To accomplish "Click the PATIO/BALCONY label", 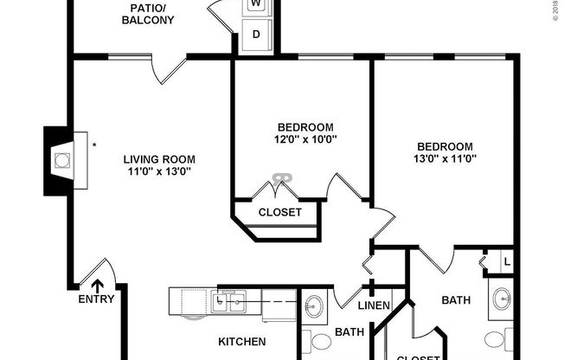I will (147, 14).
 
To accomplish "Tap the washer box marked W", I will (256, 4).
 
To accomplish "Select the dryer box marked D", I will (256, 35).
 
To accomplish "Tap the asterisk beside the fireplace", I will (93, 145).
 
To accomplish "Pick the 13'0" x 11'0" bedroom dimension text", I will (445, 158).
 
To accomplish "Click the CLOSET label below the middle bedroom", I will (280, 212).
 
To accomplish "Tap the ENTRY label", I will (95, 299).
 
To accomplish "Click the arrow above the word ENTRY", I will (97, 284).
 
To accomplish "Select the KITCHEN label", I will (241, 342).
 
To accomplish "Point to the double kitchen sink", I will (229, 300).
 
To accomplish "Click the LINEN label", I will (374, 305).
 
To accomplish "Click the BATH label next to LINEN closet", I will (349, 331).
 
